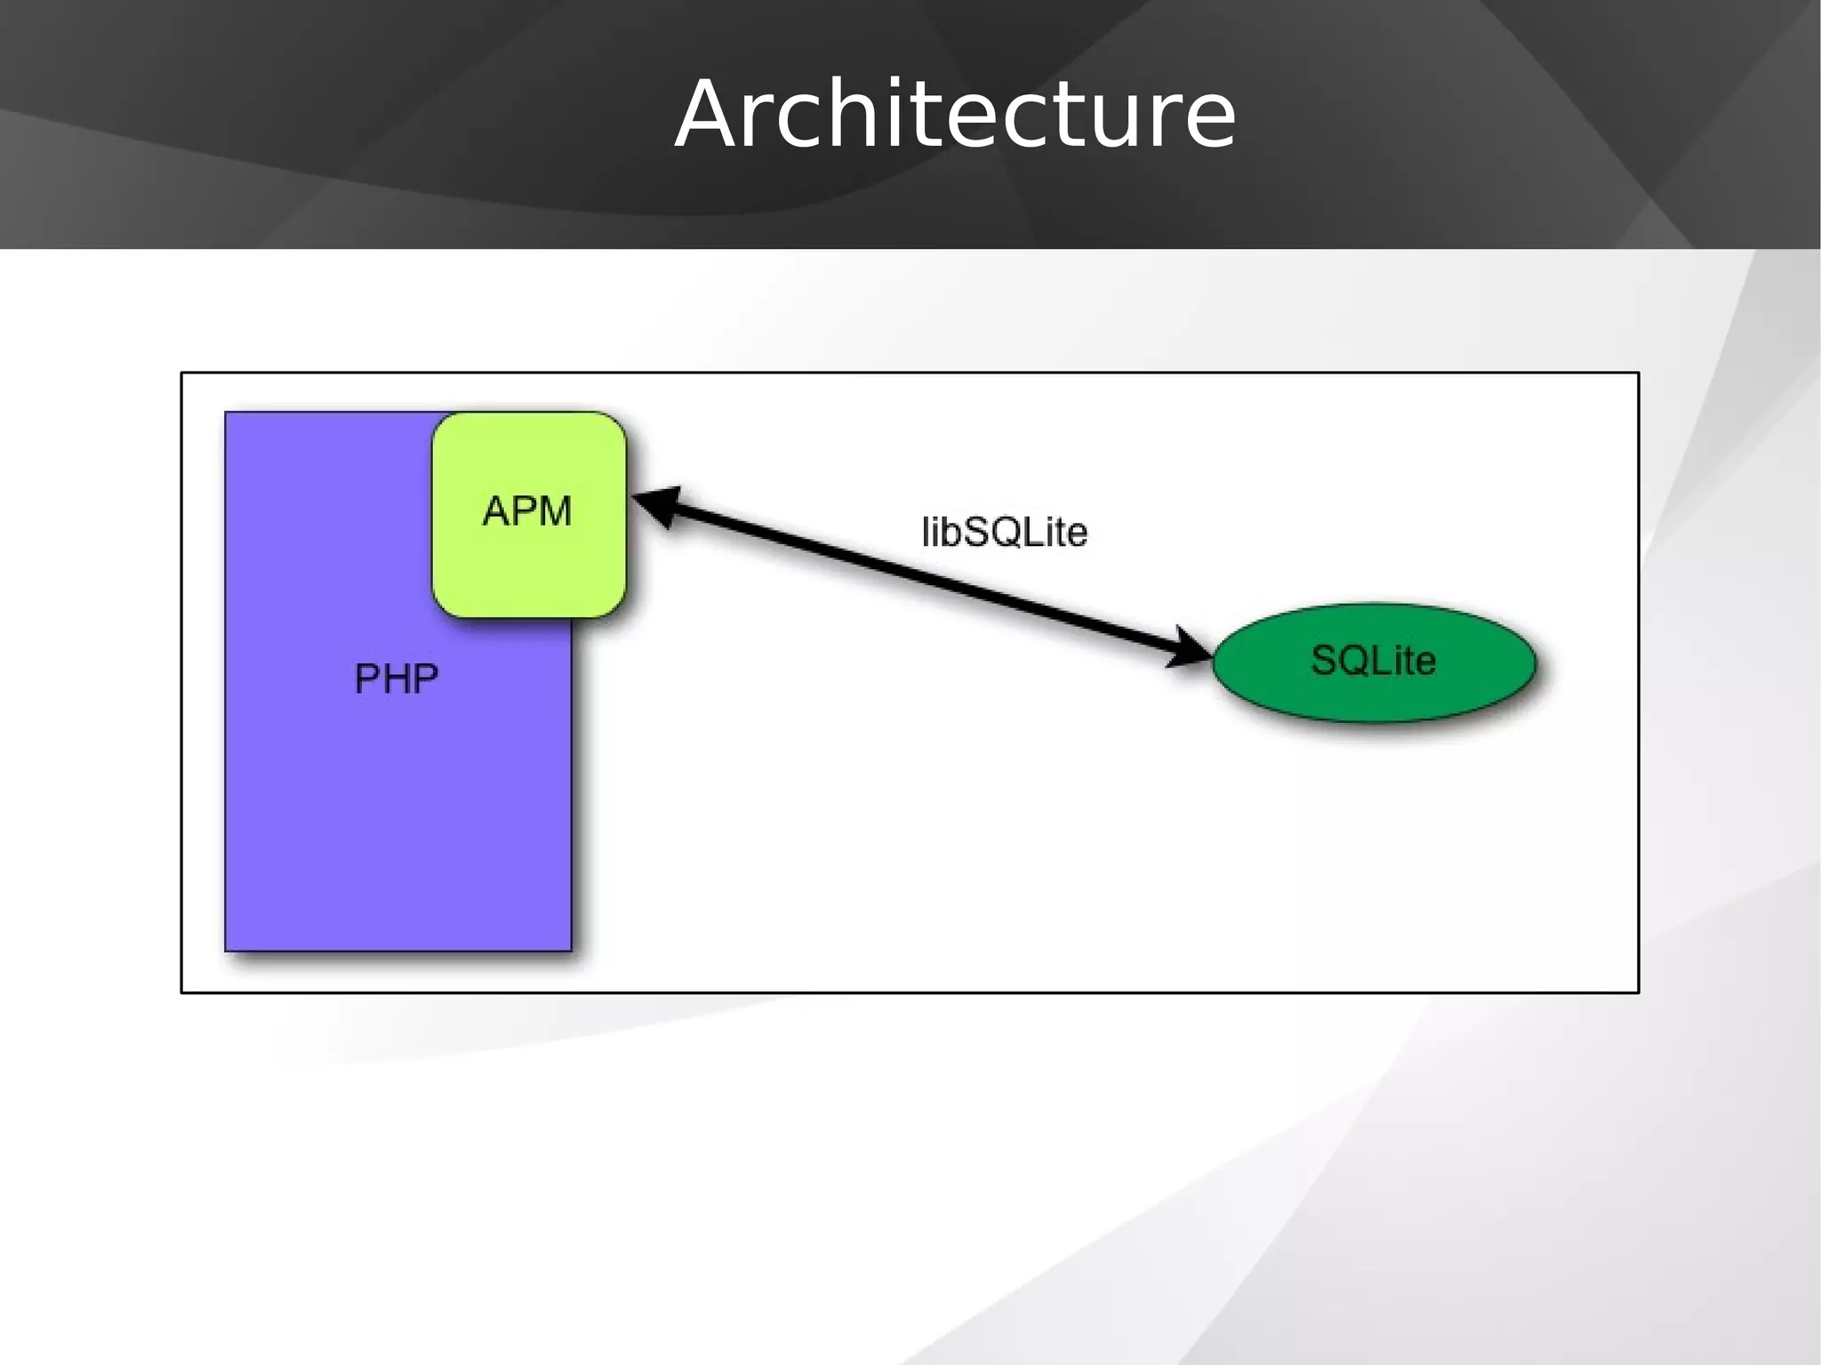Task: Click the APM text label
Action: pyautogui.click(x=526, y=511)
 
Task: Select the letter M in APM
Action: pyautogui.click(x=553, y=511)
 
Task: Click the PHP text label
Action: pyautogui.click(x=397, y=679)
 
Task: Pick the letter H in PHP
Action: pyautogui.click(x=397, y=679)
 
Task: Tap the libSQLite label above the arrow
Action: pyautogui.click(x=1004, y=532)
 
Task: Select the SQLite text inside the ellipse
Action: pyautogui.click(x=1374, y=661)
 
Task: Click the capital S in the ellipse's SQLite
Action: pyautogui.click(x=1325, y=661)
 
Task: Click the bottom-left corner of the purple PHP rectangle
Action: pyautogui.click(x=226, y=951)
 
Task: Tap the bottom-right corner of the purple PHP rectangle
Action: pyautogui.click(x=571, y=951)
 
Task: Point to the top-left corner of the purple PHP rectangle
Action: pyautogui.click(x=226, y=413)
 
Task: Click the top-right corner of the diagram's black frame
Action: pyautogui.click(x=1638, y=373)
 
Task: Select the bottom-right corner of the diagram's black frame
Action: pyautogui.click(x=1638, y=992)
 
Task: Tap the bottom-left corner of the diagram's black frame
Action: pyautogui.click(x=182, y=992)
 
